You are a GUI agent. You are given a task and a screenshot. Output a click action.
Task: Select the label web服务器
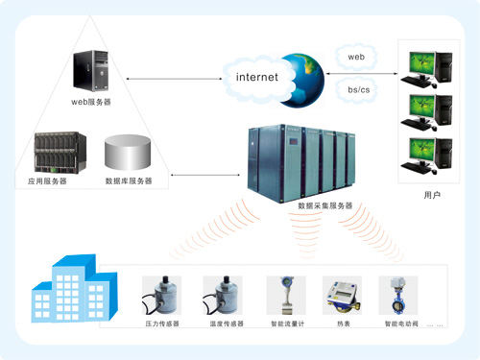pyautogui.click(x=91, y=101)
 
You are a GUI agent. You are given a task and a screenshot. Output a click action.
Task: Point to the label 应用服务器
pyautogui.click(x=47, y=180)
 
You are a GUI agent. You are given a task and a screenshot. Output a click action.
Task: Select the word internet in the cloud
pyautogui.click(x=256, y=77)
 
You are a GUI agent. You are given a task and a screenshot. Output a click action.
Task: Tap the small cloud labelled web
pyautogui.click(x=355, y=58)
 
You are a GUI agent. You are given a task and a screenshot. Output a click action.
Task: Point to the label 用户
pyautogui.click(x=431, y=195)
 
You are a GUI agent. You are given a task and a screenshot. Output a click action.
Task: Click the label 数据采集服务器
pyautogui.click(x=325, y=205)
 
